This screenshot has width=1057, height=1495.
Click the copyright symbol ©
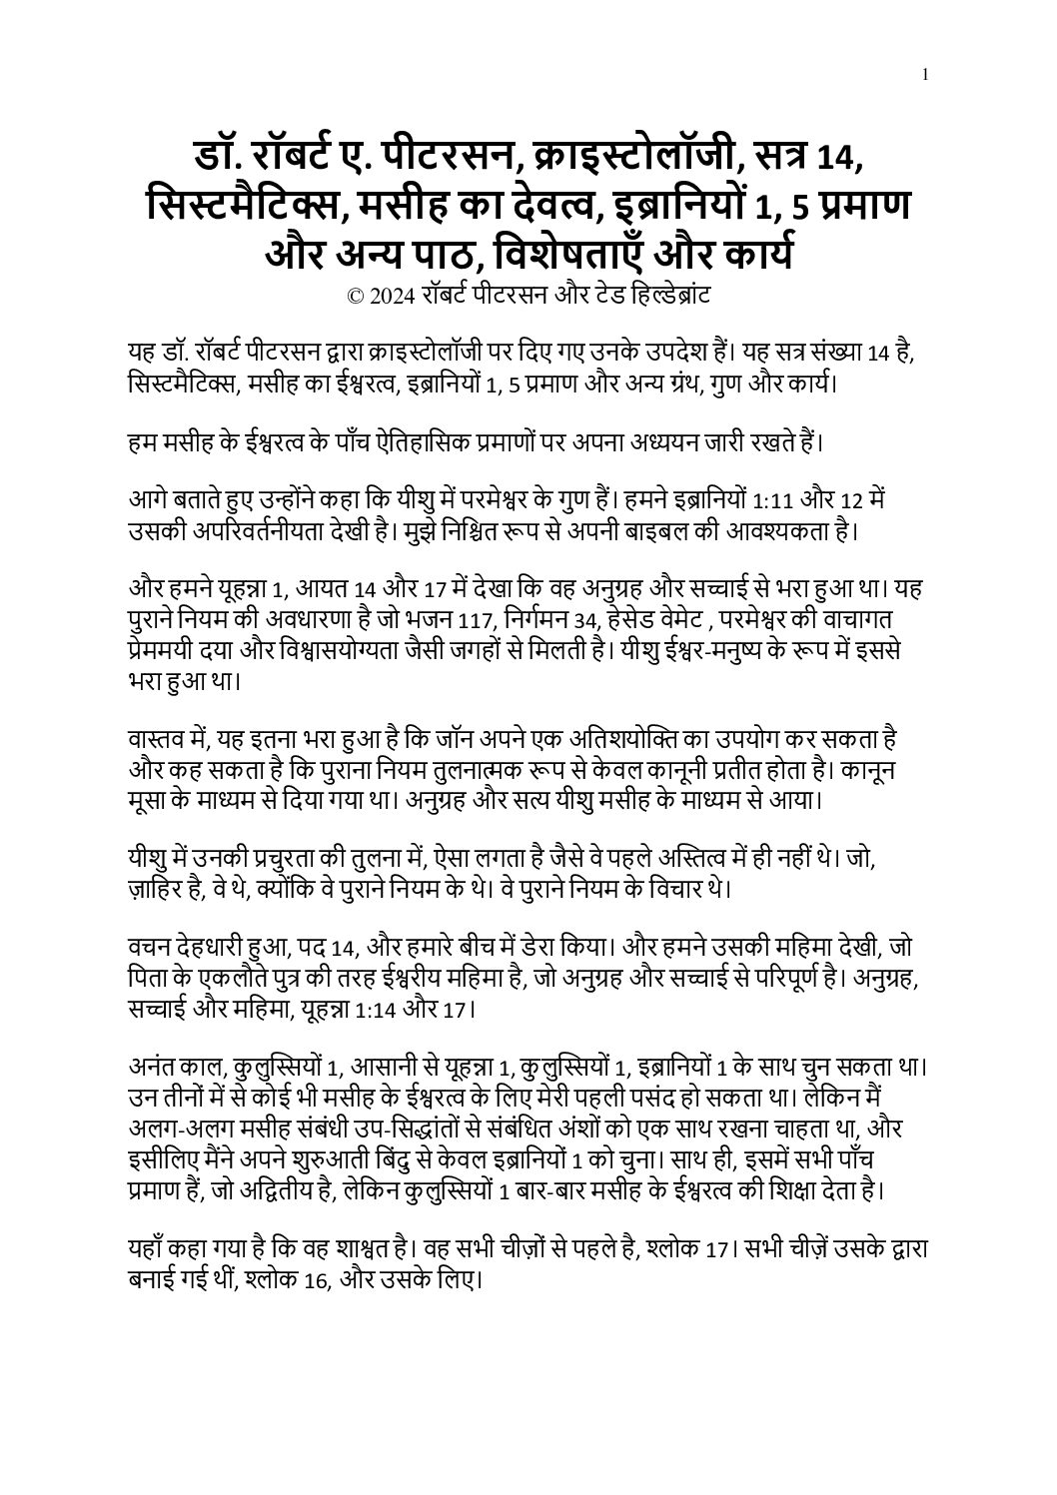354,296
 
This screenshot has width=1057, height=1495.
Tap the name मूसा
151,801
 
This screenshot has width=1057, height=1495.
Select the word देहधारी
216,948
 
